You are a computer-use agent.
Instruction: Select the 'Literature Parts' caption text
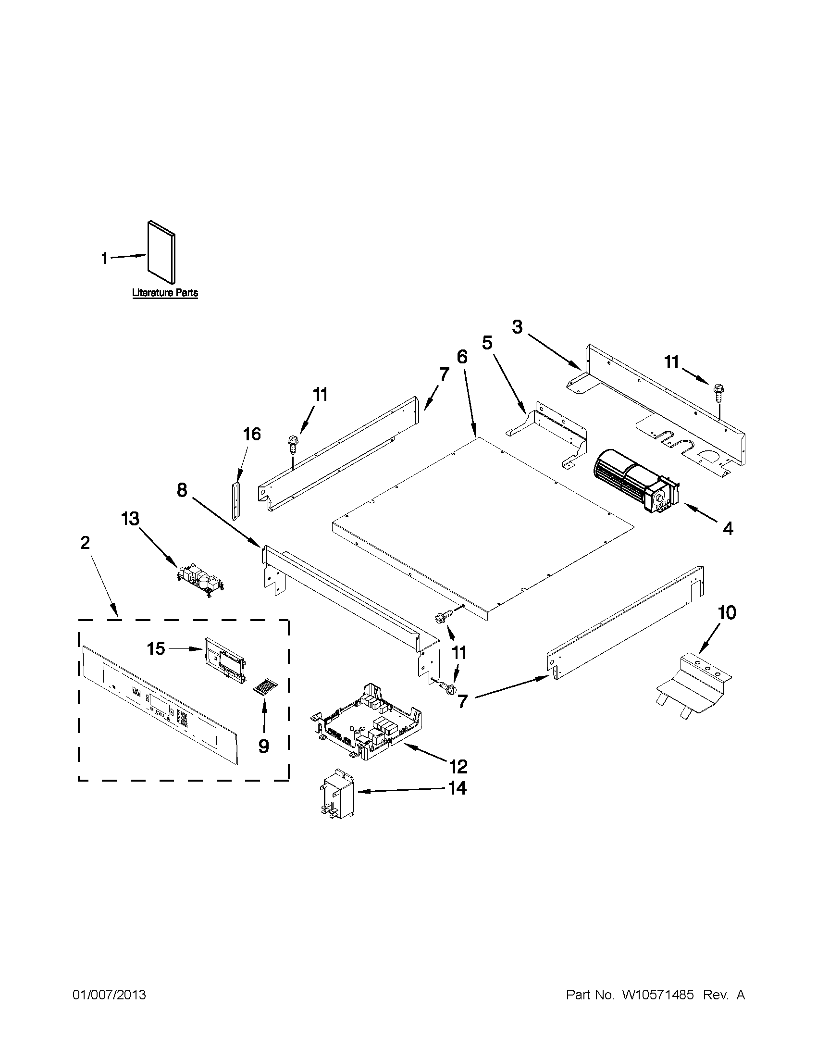coord(165,293)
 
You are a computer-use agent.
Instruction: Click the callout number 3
coord(517,327)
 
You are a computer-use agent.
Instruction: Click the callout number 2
coord(85,543)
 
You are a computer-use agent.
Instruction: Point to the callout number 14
coord(457,788)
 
